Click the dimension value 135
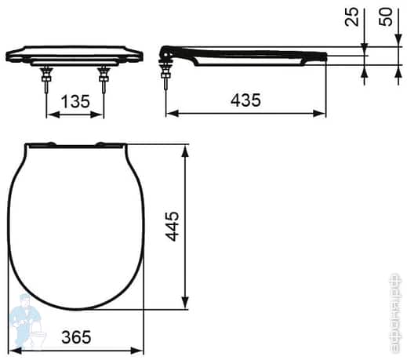75,101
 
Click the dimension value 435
245,100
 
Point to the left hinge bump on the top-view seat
49,144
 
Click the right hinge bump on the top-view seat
103,144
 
